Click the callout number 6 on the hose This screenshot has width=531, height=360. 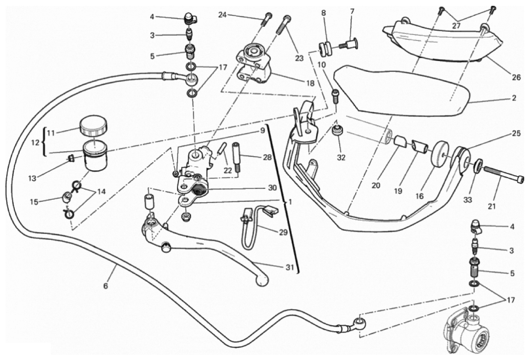105,285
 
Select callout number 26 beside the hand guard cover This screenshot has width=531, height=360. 516,77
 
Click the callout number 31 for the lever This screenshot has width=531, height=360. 290,268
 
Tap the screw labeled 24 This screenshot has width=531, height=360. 267,18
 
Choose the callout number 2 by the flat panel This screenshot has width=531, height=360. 514,98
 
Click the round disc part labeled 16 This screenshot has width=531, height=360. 442,155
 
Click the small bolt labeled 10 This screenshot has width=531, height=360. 335,94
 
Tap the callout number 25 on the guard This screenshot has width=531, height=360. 516,134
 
